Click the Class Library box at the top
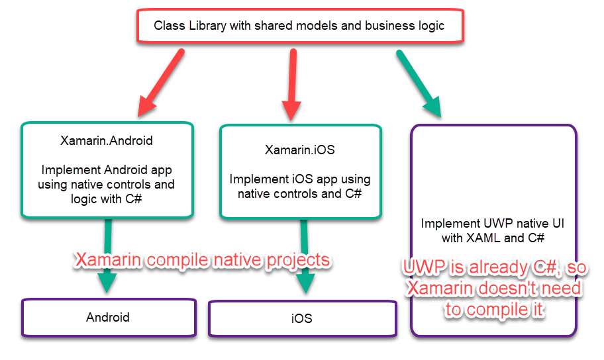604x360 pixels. click(299, 26)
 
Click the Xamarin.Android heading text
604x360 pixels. click(107, 140)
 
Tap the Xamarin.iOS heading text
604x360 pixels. click(300, 150)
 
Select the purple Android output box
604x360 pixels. click(109, 317)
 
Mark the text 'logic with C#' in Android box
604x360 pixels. click(107, 198)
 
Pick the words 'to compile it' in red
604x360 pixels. click(495, 310)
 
